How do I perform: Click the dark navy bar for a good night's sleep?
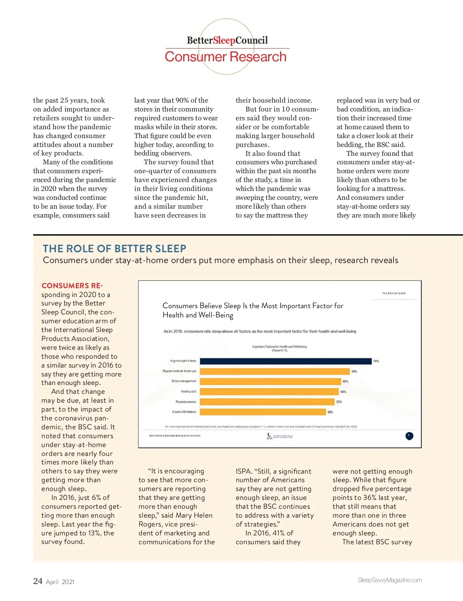(286, 361)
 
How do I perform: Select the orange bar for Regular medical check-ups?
(274, 371)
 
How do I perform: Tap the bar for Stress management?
(270, 381)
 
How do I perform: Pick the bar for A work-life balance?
(262, 412)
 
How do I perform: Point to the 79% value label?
(376, 361)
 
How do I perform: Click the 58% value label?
(330, 412)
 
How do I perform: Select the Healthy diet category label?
(188, 392)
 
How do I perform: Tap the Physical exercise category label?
(186, 402)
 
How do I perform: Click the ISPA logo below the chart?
(270, 436)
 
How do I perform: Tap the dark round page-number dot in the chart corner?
(409, 436)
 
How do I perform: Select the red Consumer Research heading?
(226, 57)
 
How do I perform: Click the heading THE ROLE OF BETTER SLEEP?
(115, 248)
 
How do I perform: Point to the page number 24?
(38, 581)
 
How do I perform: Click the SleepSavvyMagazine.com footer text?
(390, 580)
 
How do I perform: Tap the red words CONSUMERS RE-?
(72, 286)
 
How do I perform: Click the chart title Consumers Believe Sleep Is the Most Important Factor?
(253, 310)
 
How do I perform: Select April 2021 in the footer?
(60, 582)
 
